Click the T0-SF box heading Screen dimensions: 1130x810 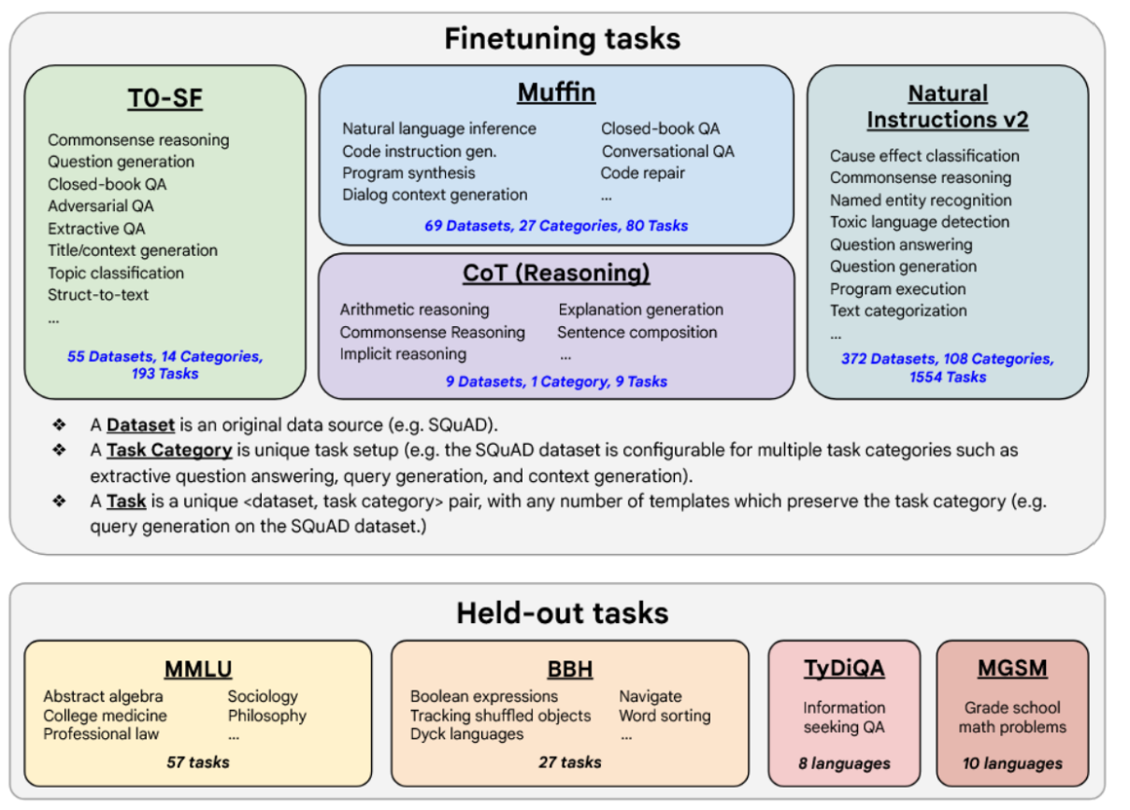pyautogui.click(x=164, y=98)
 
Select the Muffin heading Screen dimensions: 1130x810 pyautogui.click(x=556, y=92)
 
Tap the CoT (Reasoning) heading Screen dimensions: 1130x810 pyautogui.click(x=556, y=273)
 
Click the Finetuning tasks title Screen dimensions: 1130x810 pyautogui.click(x=563, y=39)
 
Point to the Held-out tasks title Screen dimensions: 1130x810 pyautogui.click(x=563, y=613)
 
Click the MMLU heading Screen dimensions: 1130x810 pyautogui.click(x=198, y=669)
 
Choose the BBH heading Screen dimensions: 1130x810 pyautogui.click(x=570, y=669)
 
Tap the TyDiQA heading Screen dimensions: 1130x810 pyautogui.click(x=845, y=668)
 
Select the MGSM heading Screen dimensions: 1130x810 pyautogui.click(x=1012, y=668)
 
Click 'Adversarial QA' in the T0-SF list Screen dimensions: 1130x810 pyautogui.click(x=100, y=206)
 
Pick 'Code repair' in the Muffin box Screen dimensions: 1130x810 pyautogui.click(x=643, y=173)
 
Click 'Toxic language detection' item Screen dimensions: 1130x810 pyautogui.click(x=920, y=222)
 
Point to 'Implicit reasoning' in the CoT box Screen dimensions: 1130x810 pyautogui.click(x=403, y=354)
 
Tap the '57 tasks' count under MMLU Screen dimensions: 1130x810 pyautogui.click(x=198, y=762)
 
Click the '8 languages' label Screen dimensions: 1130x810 pyautogui.click(x=845, y=763)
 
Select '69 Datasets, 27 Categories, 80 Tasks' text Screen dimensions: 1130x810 pyautogui.click(x=556, y=225)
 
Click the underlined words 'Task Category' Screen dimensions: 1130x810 pyautogui.click(x=169, y=450)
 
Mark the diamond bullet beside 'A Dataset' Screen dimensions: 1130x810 pyautogui.click(x=59, y=425)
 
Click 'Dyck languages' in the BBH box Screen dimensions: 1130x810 pyautogui.click(x=466, y=734)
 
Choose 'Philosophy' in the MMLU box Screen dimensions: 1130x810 pyautogui.click(x=267, y=716)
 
